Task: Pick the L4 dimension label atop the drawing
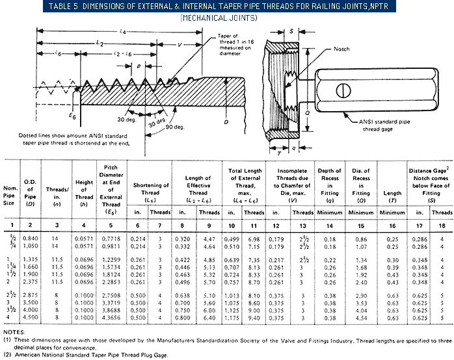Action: (x=123, y=31)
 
